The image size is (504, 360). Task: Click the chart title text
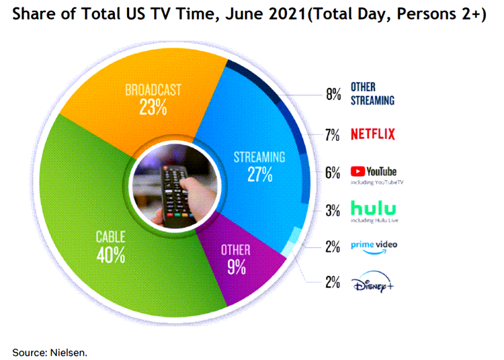(249, 15)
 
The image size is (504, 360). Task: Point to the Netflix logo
(373, 134)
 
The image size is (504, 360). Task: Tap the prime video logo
(374, 244)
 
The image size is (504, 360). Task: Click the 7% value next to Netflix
(332, 135)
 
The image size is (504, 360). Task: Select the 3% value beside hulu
(333, 210)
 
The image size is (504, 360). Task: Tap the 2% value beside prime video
(333, 246)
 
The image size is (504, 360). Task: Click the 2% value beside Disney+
(332, 283)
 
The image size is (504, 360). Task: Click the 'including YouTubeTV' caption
(377, 183)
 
